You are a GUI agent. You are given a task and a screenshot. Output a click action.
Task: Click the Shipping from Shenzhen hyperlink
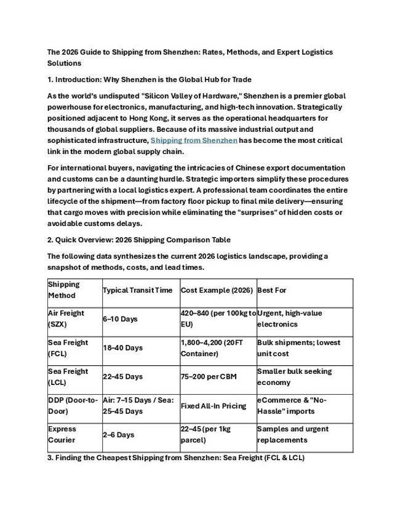click(194, 140)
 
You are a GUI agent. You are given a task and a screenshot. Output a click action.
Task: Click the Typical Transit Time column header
click(137, 290)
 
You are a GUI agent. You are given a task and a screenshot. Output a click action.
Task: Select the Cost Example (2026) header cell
click(215, 290)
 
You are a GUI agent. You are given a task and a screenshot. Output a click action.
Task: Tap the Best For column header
click(271, 290)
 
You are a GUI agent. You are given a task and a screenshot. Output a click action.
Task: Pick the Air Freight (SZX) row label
click(66, 318)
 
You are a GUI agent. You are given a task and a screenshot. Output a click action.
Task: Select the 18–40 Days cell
click(122, 348)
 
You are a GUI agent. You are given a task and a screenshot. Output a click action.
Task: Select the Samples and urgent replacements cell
click(293, 434)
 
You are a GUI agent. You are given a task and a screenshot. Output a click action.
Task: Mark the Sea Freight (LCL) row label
click(68, 376)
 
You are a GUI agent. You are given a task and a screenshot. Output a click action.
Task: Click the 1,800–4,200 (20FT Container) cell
click(217, 348)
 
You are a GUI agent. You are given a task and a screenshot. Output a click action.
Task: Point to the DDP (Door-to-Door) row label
click(73, 405)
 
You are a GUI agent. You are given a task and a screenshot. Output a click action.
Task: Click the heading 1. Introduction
click(150, 79)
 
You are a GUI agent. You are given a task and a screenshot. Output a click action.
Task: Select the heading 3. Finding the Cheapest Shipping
click(176, 458)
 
